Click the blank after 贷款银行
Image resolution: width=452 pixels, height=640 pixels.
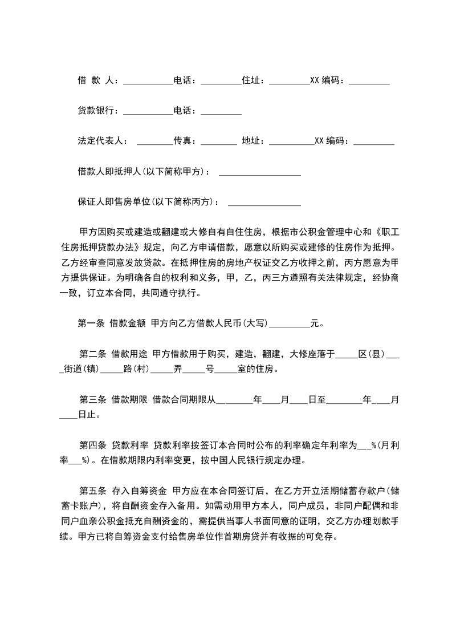(148, 111)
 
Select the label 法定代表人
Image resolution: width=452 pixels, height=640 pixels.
(100, 140)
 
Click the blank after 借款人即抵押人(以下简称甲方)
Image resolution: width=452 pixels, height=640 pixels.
(259, 171)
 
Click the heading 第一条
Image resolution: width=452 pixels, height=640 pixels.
(91, 323)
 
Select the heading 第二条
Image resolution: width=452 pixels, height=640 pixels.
(92, 354)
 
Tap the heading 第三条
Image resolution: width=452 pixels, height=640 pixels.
(92, 399)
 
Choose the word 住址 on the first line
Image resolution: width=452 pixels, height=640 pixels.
(253, 80)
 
